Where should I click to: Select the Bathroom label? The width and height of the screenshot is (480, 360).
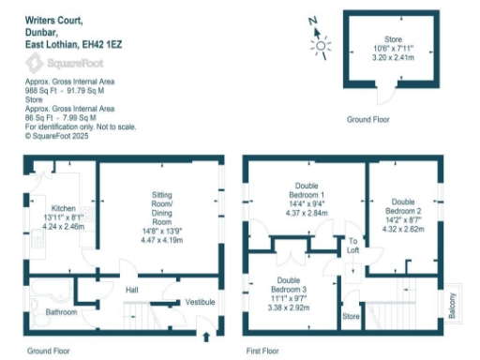point(62,312)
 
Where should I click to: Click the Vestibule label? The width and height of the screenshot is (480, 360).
point(200,302)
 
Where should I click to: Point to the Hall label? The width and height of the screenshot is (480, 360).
point(132,289)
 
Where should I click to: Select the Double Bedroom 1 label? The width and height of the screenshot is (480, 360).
point(306,191)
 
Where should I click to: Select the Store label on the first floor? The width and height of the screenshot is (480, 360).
point(350,317)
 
